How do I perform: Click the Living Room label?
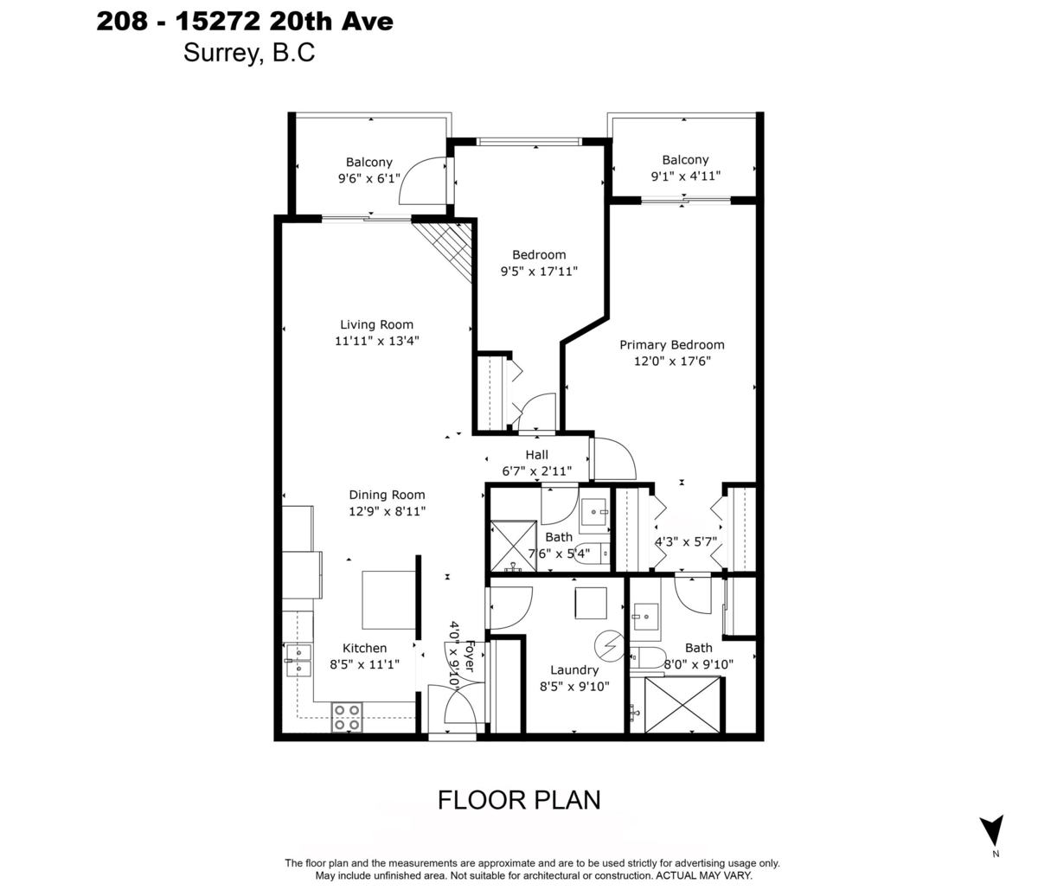376,325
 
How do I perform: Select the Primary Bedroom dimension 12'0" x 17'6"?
671,362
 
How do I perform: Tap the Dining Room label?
387,495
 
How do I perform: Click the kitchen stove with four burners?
347,718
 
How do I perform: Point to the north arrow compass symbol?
995,831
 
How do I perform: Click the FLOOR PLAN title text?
518,800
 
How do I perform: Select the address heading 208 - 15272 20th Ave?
245,21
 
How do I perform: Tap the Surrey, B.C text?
248,53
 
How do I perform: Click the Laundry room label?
574,669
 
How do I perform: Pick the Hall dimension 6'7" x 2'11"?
536,471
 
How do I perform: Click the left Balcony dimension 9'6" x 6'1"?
369,178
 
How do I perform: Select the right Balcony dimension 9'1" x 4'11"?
685,176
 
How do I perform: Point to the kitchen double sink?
298,659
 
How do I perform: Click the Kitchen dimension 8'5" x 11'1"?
364,664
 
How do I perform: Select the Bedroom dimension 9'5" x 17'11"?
539,271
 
